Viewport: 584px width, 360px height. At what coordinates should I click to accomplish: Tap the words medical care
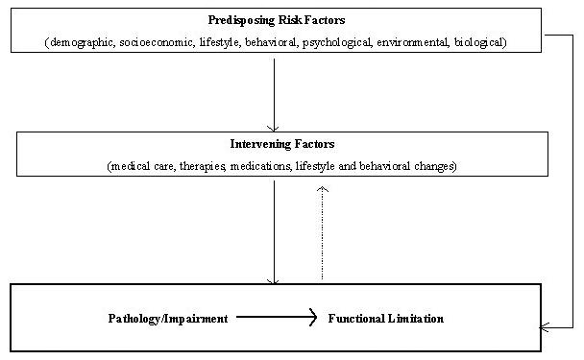point(141,166)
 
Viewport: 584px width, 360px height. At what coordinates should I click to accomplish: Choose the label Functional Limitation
point(386,318)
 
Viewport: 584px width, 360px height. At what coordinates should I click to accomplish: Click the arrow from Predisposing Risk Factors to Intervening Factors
point(274,91)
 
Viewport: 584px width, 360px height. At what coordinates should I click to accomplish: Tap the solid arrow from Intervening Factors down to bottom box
point(274,230)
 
